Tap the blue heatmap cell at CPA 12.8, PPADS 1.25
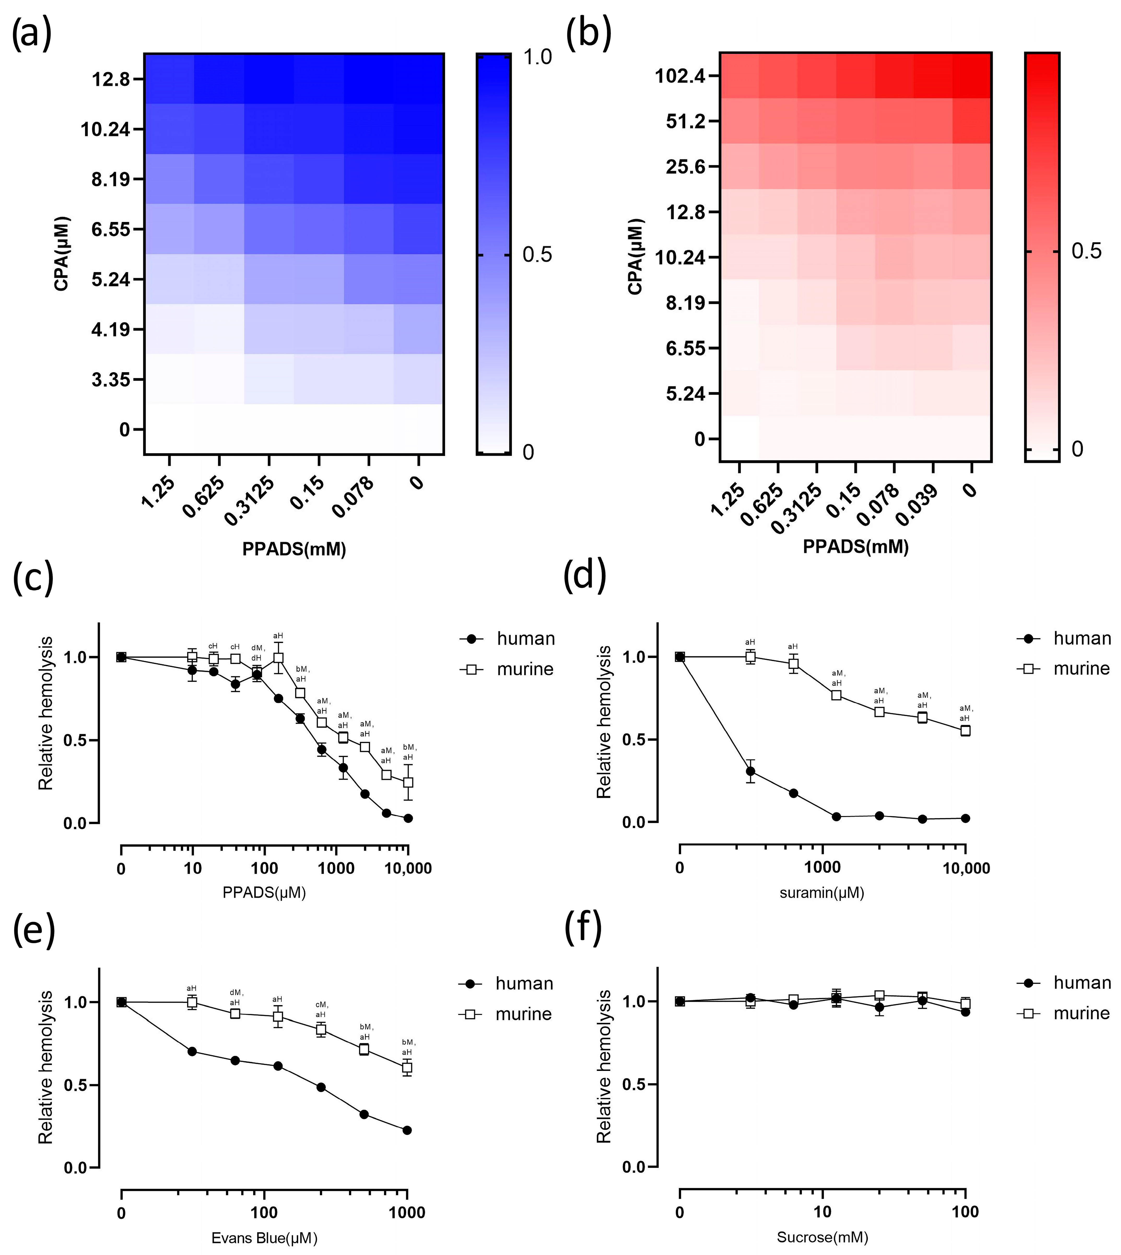click(x=169, y=79)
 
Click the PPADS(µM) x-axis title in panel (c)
click(x=264, y=892)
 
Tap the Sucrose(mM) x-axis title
click(x=822, y=1237)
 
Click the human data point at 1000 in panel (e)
click(x=407, y=1130)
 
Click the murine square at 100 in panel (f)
click(x=965, y=1003)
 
